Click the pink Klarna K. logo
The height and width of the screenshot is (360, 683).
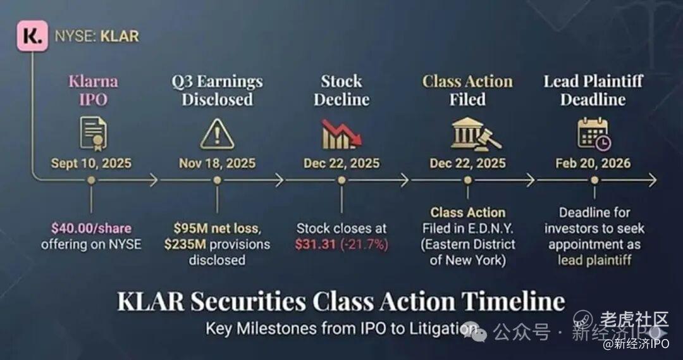point(32,36)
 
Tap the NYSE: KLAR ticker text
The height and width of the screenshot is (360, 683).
point(97,36)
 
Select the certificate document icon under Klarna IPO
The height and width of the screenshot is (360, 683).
point(93,133)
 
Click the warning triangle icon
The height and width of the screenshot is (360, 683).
point(217,134)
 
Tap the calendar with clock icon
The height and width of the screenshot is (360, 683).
point(594,133)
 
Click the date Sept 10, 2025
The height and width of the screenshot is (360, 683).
point(91,163)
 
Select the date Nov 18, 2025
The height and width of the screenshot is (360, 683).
point(217,163)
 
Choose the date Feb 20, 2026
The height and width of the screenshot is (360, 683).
point(593,163)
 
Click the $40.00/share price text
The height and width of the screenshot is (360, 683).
point(91,228)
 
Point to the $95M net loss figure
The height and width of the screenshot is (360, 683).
point(216,228)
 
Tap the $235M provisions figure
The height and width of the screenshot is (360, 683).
point(185,244)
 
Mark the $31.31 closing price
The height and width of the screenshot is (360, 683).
point(315,244)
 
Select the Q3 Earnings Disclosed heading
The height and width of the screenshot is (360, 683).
point(217,90)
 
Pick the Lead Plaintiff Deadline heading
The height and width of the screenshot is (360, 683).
point(593,90)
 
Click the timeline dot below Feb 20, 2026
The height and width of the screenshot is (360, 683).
point(594,180)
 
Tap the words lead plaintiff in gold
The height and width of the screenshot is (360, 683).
point(594,260)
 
